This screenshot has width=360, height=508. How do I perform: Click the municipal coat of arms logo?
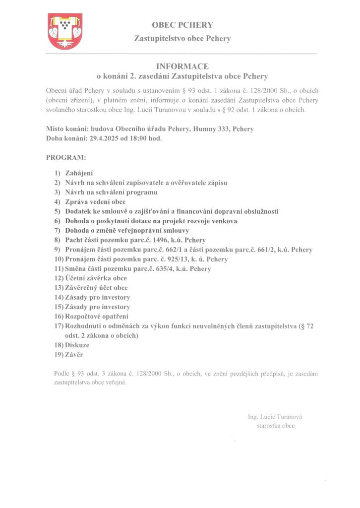point(64,31)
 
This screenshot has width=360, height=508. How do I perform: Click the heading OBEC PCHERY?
point(182,25)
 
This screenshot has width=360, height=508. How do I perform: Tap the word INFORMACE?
point(182,66)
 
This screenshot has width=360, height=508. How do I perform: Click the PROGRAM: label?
point(66,158)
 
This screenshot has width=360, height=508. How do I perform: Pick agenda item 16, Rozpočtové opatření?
point(97,316)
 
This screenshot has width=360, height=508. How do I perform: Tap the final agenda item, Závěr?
point(74,354)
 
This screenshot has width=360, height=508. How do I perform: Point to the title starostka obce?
point(276,426)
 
